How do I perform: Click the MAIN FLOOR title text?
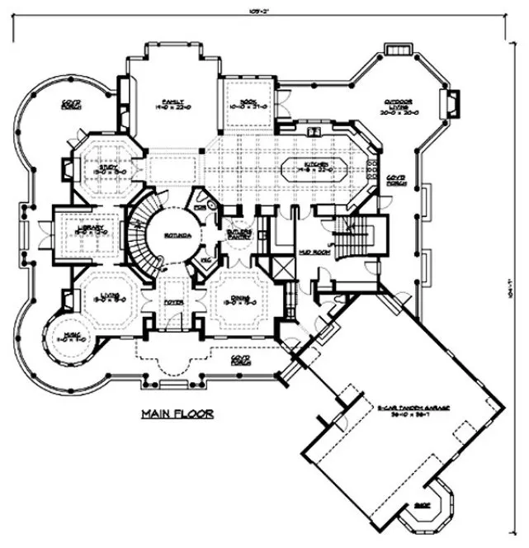pyautogui.click(x=177, y=413)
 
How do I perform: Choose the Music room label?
pyautogui.click(x=68, y=336)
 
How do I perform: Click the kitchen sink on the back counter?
pyautogui.click(x=314, y=131)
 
